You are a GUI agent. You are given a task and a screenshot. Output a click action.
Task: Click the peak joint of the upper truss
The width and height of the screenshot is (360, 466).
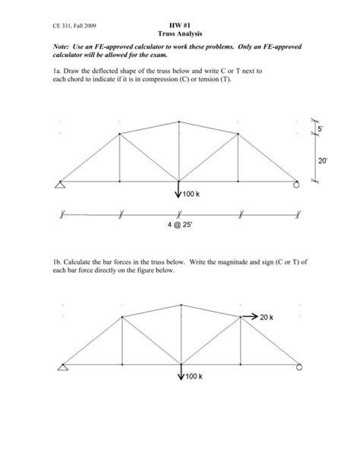pyautogui.click(x=179, y=121)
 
